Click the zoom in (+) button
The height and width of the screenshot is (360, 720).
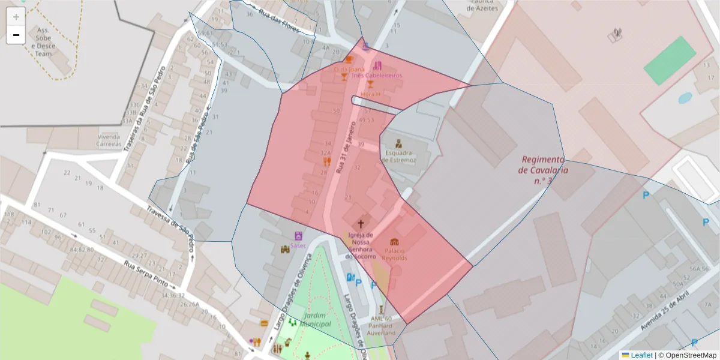click(16, 17)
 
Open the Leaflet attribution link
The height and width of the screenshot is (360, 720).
click(641, 355)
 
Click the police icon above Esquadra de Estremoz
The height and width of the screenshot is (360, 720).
click(398, 143)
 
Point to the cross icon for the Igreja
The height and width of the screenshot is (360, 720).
click(361, 224)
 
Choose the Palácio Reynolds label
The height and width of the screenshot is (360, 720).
click(394, 254)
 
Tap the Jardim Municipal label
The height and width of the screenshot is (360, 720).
click(317, 319)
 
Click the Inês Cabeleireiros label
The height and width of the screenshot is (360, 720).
click(377, 76)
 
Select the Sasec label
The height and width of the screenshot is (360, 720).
click(298, 245)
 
